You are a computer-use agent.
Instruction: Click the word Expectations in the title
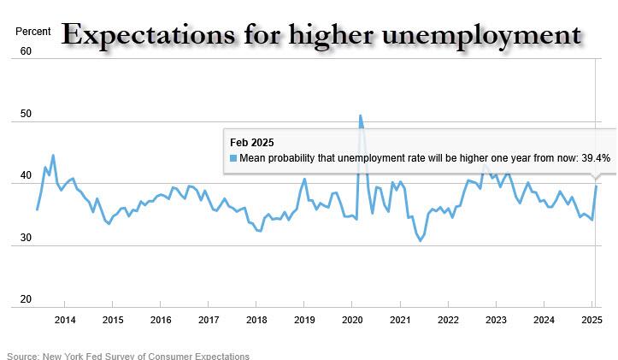(143, 34)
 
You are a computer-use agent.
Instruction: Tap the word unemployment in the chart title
(486, 36)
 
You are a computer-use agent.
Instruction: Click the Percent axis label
(33, 32)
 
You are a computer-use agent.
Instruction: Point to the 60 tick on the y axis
(26, 51)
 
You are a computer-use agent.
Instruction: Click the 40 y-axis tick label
(26, 176)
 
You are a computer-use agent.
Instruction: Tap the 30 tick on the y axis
(26, 239)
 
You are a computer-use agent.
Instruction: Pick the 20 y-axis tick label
(26, 300)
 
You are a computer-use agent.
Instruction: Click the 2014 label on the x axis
(65, 321)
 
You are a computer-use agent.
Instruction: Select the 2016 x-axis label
(161, 321)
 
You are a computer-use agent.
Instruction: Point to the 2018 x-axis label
(256, 321)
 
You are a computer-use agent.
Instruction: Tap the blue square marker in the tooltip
(233, 158)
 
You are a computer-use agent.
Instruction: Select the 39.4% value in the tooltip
(595, 158)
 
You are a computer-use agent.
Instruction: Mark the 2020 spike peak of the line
(360, 115)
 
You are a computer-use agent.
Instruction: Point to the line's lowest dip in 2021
(420, 240)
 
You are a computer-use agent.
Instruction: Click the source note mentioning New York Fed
(128, 356)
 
